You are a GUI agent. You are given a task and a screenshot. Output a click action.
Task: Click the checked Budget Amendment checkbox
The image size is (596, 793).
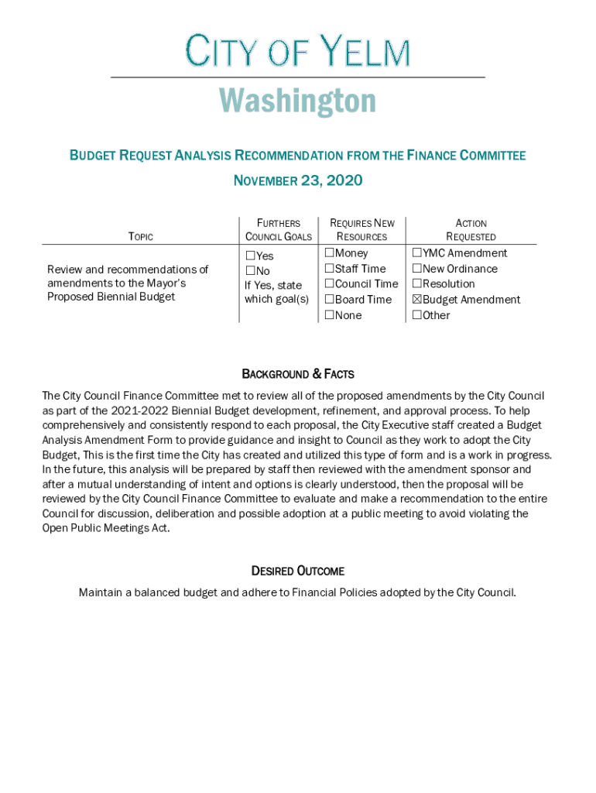point(417,300)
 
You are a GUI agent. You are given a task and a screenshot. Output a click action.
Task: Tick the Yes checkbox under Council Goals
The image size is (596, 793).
point(250,256)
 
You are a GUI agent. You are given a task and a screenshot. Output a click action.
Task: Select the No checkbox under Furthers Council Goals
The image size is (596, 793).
point(250,271)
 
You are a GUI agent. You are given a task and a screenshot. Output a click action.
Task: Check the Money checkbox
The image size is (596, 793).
point(330,253)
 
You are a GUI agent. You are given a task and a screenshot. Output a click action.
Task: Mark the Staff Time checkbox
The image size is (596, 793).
point(330,269)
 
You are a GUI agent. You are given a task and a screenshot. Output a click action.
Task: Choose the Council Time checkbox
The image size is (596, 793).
point(330,284)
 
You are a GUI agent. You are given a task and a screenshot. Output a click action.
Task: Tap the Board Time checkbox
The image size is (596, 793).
point(330,300)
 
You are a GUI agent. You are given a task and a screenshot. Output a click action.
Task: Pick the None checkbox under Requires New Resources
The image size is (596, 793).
point(330,315)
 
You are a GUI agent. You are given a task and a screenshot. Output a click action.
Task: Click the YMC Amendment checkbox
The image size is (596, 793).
point(417,253)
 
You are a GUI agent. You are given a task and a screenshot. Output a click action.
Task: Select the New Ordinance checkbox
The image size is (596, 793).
point(417,269)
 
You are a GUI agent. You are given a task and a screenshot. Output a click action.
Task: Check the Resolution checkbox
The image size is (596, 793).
point(417,284)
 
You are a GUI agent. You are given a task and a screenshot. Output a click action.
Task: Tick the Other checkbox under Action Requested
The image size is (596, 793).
point(417,315)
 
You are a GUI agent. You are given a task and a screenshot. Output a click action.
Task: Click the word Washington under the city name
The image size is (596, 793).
point(297,101)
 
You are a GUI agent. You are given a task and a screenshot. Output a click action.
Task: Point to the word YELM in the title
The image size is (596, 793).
point(365,53)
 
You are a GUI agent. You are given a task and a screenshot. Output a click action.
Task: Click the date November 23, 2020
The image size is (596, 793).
point(298,181)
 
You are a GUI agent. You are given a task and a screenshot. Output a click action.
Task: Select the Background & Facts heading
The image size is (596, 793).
point(298,375)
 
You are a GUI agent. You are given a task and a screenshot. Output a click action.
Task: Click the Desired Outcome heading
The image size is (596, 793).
point(298,572)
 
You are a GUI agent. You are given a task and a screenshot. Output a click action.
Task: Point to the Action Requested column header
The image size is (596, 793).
point(471,230)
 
